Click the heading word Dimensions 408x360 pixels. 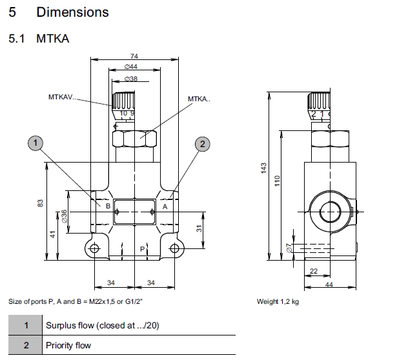pos(72,12)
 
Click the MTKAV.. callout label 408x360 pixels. pos(62,97)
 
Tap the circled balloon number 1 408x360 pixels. pos(37,143)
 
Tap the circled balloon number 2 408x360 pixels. pos(202,143)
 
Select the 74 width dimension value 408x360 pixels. pos(134,57)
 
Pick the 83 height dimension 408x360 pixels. pos(40,204)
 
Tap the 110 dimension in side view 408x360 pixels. pos(278,182)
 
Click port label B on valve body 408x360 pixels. pos(108,206)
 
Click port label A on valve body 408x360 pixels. pos(165,206)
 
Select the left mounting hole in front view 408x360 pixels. pos(95,249)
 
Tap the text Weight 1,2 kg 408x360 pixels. pos(278,301)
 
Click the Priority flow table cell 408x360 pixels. pos(68,345)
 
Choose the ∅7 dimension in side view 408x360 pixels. pos(289,248)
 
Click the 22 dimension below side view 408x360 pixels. pos(314,271)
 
